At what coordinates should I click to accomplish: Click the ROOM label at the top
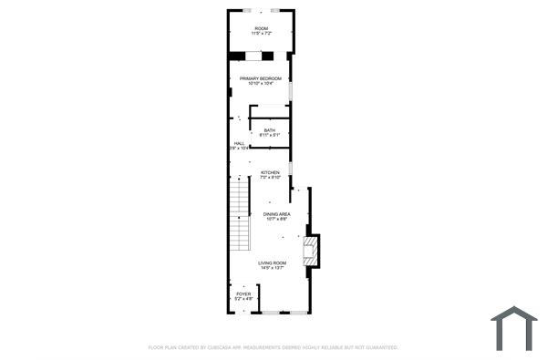click(262, 28)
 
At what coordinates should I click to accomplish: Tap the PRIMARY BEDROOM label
click(262, 78)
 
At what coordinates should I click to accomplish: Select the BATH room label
click(270, 130)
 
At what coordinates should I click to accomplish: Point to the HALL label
click(239, 143)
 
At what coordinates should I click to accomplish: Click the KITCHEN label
click(270, 172)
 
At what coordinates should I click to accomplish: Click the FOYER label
click(243, 293)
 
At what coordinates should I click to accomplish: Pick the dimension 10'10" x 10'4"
click(262, 84)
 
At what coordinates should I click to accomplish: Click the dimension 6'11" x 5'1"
click(270, 136)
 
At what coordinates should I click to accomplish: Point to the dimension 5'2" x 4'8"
click(243, 299)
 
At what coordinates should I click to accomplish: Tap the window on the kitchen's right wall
click(291, 169)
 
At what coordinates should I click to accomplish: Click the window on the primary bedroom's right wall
click(291, 92)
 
